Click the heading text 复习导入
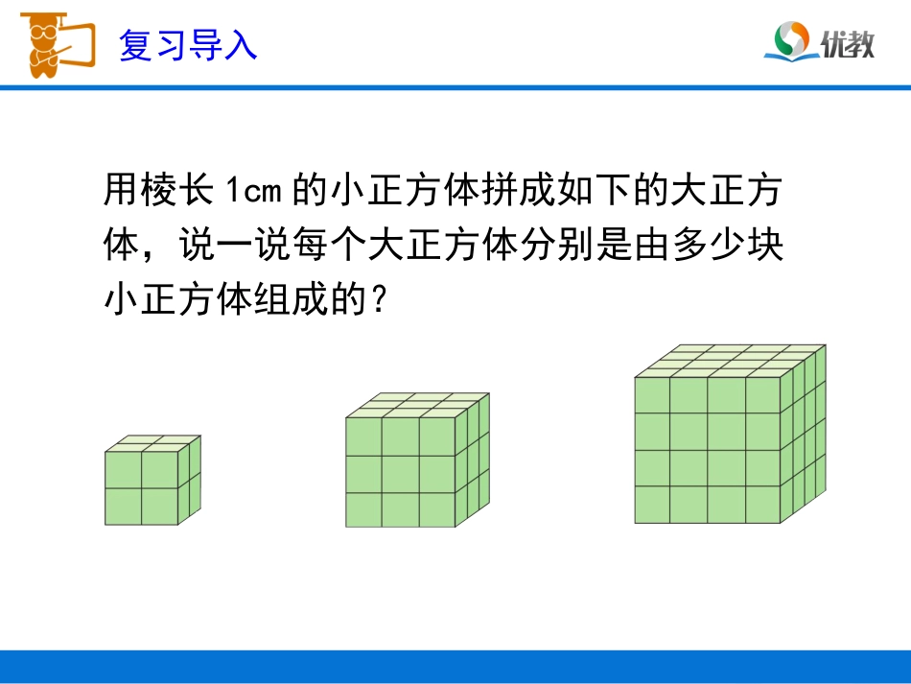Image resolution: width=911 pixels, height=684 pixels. (188, 45)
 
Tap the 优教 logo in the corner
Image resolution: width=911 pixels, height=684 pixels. (820, 41)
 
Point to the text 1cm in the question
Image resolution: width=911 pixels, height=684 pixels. (252, 191)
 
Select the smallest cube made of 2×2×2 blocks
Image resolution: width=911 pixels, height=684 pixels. (152, 483)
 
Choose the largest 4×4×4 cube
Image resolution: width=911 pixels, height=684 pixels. (729, 436)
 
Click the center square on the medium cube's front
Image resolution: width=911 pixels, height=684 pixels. (400, 473)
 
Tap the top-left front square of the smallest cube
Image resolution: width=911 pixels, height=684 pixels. (123, 470)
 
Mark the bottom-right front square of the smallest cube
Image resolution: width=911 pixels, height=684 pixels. (159, 507)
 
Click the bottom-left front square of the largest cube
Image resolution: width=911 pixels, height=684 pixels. (652, 505)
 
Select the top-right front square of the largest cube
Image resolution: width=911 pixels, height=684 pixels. (763, 394)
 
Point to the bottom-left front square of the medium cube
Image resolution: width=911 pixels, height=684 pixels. (363, 509)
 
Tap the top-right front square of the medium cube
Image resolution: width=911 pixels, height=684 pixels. (437, 436)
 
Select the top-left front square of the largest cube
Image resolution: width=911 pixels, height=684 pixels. (652, 394)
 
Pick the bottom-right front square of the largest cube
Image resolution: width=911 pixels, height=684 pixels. (763, 505)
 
